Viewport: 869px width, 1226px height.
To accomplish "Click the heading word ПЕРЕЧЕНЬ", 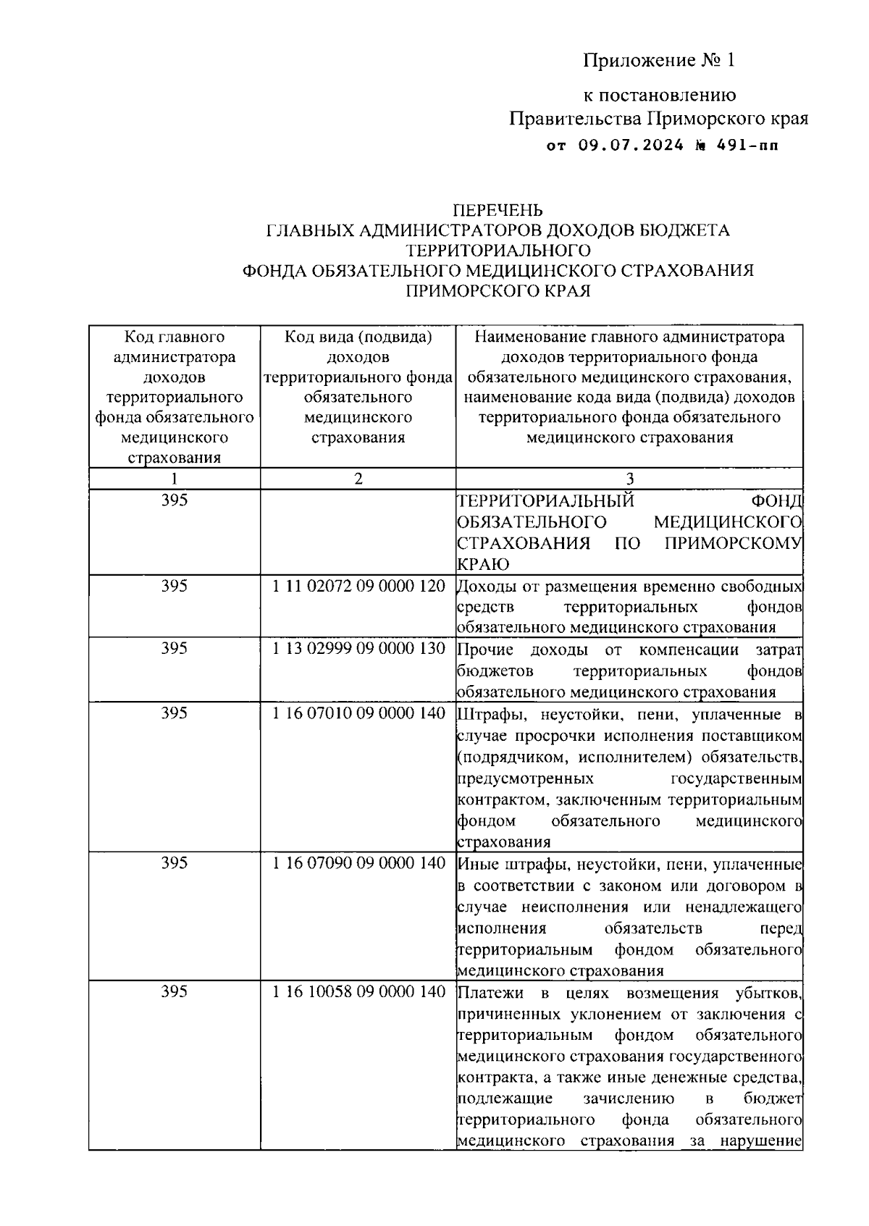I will coord(498,210).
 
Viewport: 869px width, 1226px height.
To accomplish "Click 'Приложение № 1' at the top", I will coord(659,60).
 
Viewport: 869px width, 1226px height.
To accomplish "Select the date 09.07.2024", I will coord(631,146).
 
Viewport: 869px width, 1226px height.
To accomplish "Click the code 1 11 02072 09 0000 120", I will coord(358,586).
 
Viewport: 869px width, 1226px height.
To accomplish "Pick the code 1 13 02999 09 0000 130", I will coord(358,649).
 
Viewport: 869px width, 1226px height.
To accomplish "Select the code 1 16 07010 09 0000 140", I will coord(358,713).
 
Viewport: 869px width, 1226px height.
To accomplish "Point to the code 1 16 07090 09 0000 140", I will coord(358,863).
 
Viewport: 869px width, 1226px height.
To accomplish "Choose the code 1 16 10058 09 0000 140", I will coord(358,992).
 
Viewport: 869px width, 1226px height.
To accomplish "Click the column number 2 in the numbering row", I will coord(358,479).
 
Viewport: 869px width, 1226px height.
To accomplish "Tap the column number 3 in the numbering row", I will coord(629,479).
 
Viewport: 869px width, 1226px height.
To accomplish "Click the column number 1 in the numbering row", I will coord(174,479).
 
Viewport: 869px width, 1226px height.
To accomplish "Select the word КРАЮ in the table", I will coord(483,564).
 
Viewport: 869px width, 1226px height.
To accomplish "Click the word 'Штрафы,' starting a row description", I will coord(487,715).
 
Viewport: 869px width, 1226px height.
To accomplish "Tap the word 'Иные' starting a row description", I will coord(476,864).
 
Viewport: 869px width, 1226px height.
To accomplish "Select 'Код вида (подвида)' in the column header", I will coord(358,337).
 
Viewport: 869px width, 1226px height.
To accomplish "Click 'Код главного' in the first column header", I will coord(174,337).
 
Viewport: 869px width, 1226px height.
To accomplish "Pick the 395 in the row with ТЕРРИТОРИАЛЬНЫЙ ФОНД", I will coord(174,500).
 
